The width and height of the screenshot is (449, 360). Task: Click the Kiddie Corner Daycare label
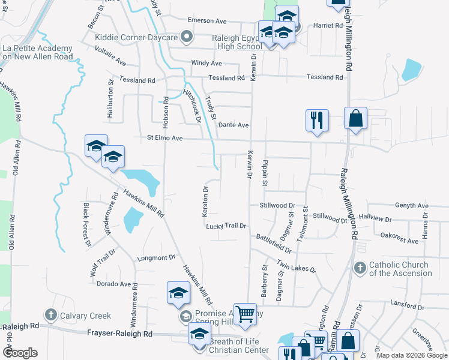click(x=136, y=37)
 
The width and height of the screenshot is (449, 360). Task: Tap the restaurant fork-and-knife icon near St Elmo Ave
click(x=316, y=120)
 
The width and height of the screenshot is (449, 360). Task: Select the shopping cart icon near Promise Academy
click(x=245, y=314)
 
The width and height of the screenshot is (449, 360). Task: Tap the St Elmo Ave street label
click(x=164, y=137)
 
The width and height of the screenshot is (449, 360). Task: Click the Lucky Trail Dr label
click(x=226, y=226)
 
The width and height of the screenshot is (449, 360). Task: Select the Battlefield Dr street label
click(x=273, y=244)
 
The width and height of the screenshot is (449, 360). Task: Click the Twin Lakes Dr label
click(x=297, y=265)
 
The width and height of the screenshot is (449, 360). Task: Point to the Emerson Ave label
click(x=206, y=20)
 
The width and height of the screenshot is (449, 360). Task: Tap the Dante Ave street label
click(x=234, y=125)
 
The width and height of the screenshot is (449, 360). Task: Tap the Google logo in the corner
click(x=19, y=353)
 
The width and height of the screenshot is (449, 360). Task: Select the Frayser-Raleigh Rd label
click(x=120, y=334)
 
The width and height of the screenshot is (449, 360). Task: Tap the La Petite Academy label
click(x=38, y=52)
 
